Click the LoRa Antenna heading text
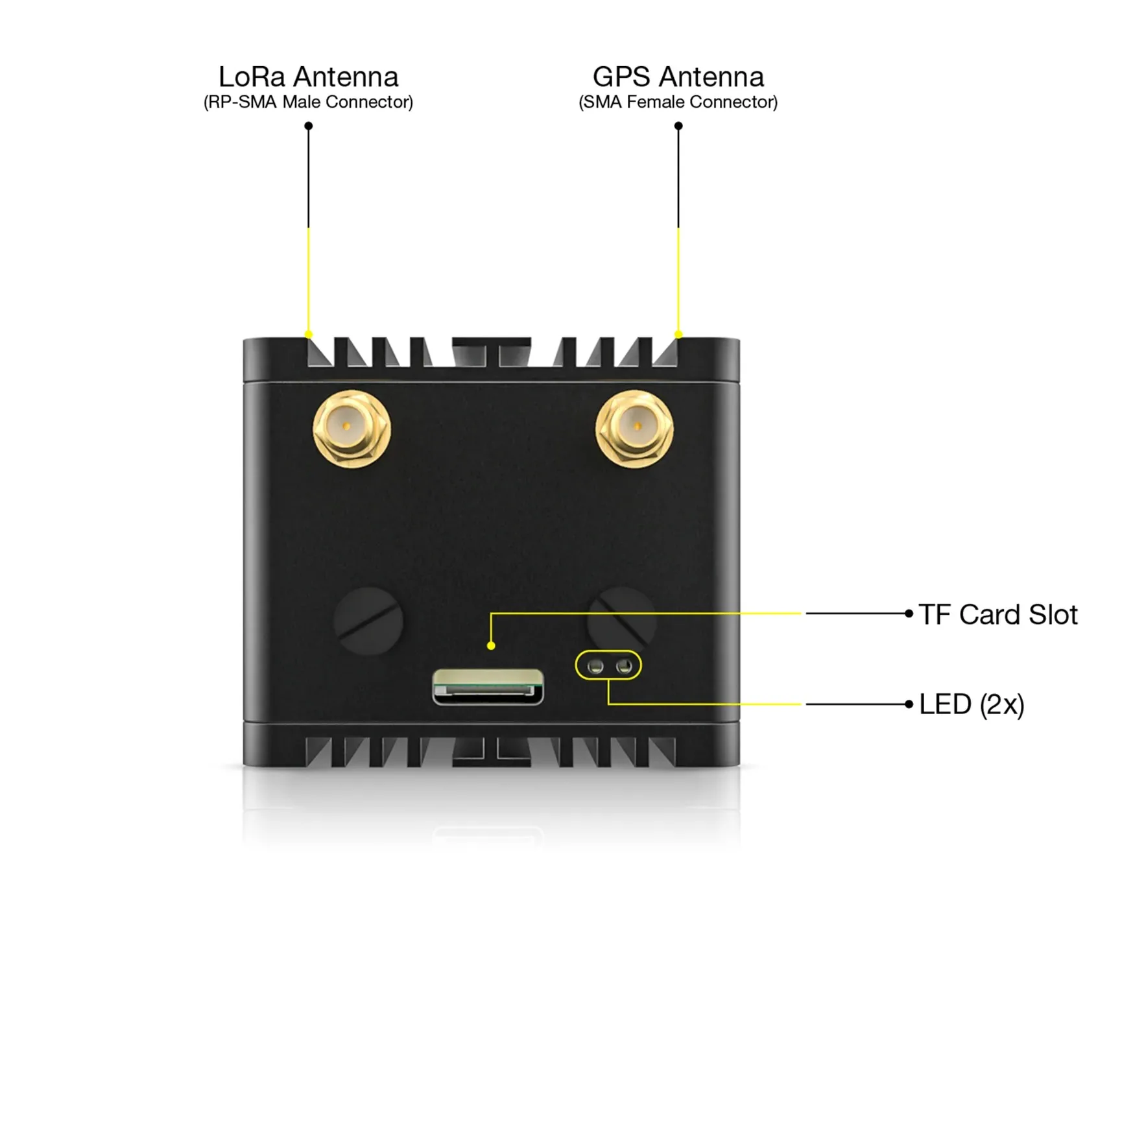click(x=308, y=77)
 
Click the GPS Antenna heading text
click(x=678, y=77)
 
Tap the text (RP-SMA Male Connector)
click(x=308, y=102)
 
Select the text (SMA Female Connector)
click(x=678, y=102)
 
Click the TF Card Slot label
click(x=997, y=614)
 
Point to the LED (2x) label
click(x=971, y=704)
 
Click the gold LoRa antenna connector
click(x=352, y=427)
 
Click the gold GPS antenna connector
click(x=634, y=427)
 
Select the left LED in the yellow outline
click(x=595, y=666)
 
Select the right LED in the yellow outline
click(x=624, y=666)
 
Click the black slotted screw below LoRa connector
click(x=368, y=621)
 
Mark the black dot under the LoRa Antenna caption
click(x=309, y=126)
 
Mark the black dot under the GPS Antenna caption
click(x=678, y=126)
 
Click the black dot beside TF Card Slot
click(x=909, y=613)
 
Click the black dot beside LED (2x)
click(x=909, y=704)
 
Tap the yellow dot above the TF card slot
click(x=491, y=645)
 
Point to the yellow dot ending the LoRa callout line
click(x=309, y=335)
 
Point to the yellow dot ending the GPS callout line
click(x=678, y=335)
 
